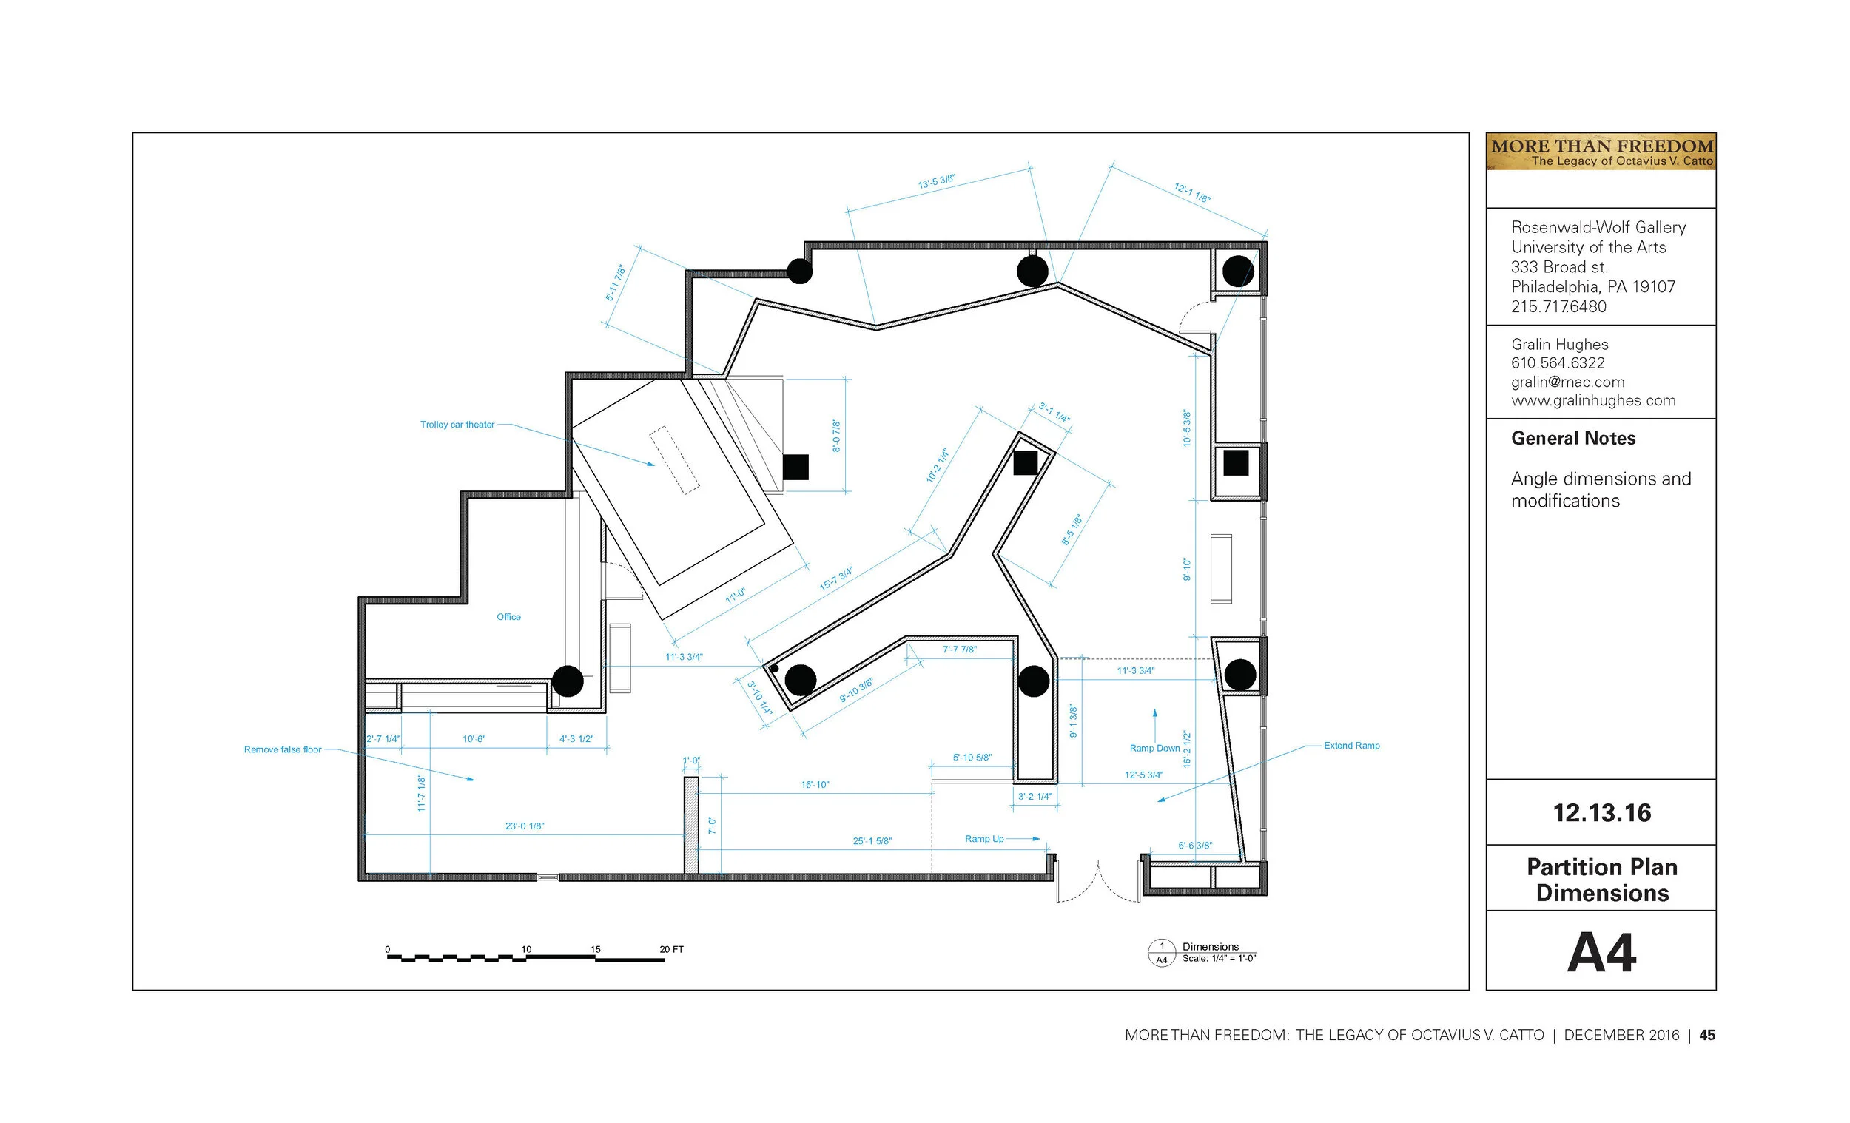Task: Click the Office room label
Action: tap(508, 617)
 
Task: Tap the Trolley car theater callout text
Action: tap(457, 425)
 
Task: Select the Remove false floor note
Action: tap(282, 749)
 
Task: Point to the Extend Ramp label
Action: tap(1351, 746)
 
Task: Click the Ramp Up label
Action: tap(984, 838)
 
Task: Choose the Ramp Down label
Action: tap(1154, 748)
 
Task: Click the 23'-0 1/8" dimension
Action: tap(525, 826)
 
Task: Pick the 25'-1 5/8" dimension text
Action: tap(872, 840)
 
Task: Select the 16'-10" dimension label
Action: tap(815, 784)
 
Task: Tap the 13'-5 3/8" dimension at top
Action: tap(937, 181)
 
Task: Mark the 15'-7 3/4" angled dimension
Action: tap(836, 579)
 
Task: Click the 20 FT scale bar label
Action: tap(671, 950)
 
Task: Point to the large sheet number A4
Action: tap(1601, 953)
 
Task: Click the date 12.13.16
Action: tap(1601, 813)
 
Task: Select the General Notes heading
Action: tap(1573, 439)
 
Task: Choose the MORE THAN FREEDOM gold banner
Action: tap(1601, 152)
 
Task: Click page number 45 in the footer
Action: tap(1707, 1035)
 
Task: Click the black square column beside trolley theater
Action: tap(795, 467)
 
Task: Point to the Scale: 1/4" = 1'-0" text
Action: tap(1219, 959)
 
